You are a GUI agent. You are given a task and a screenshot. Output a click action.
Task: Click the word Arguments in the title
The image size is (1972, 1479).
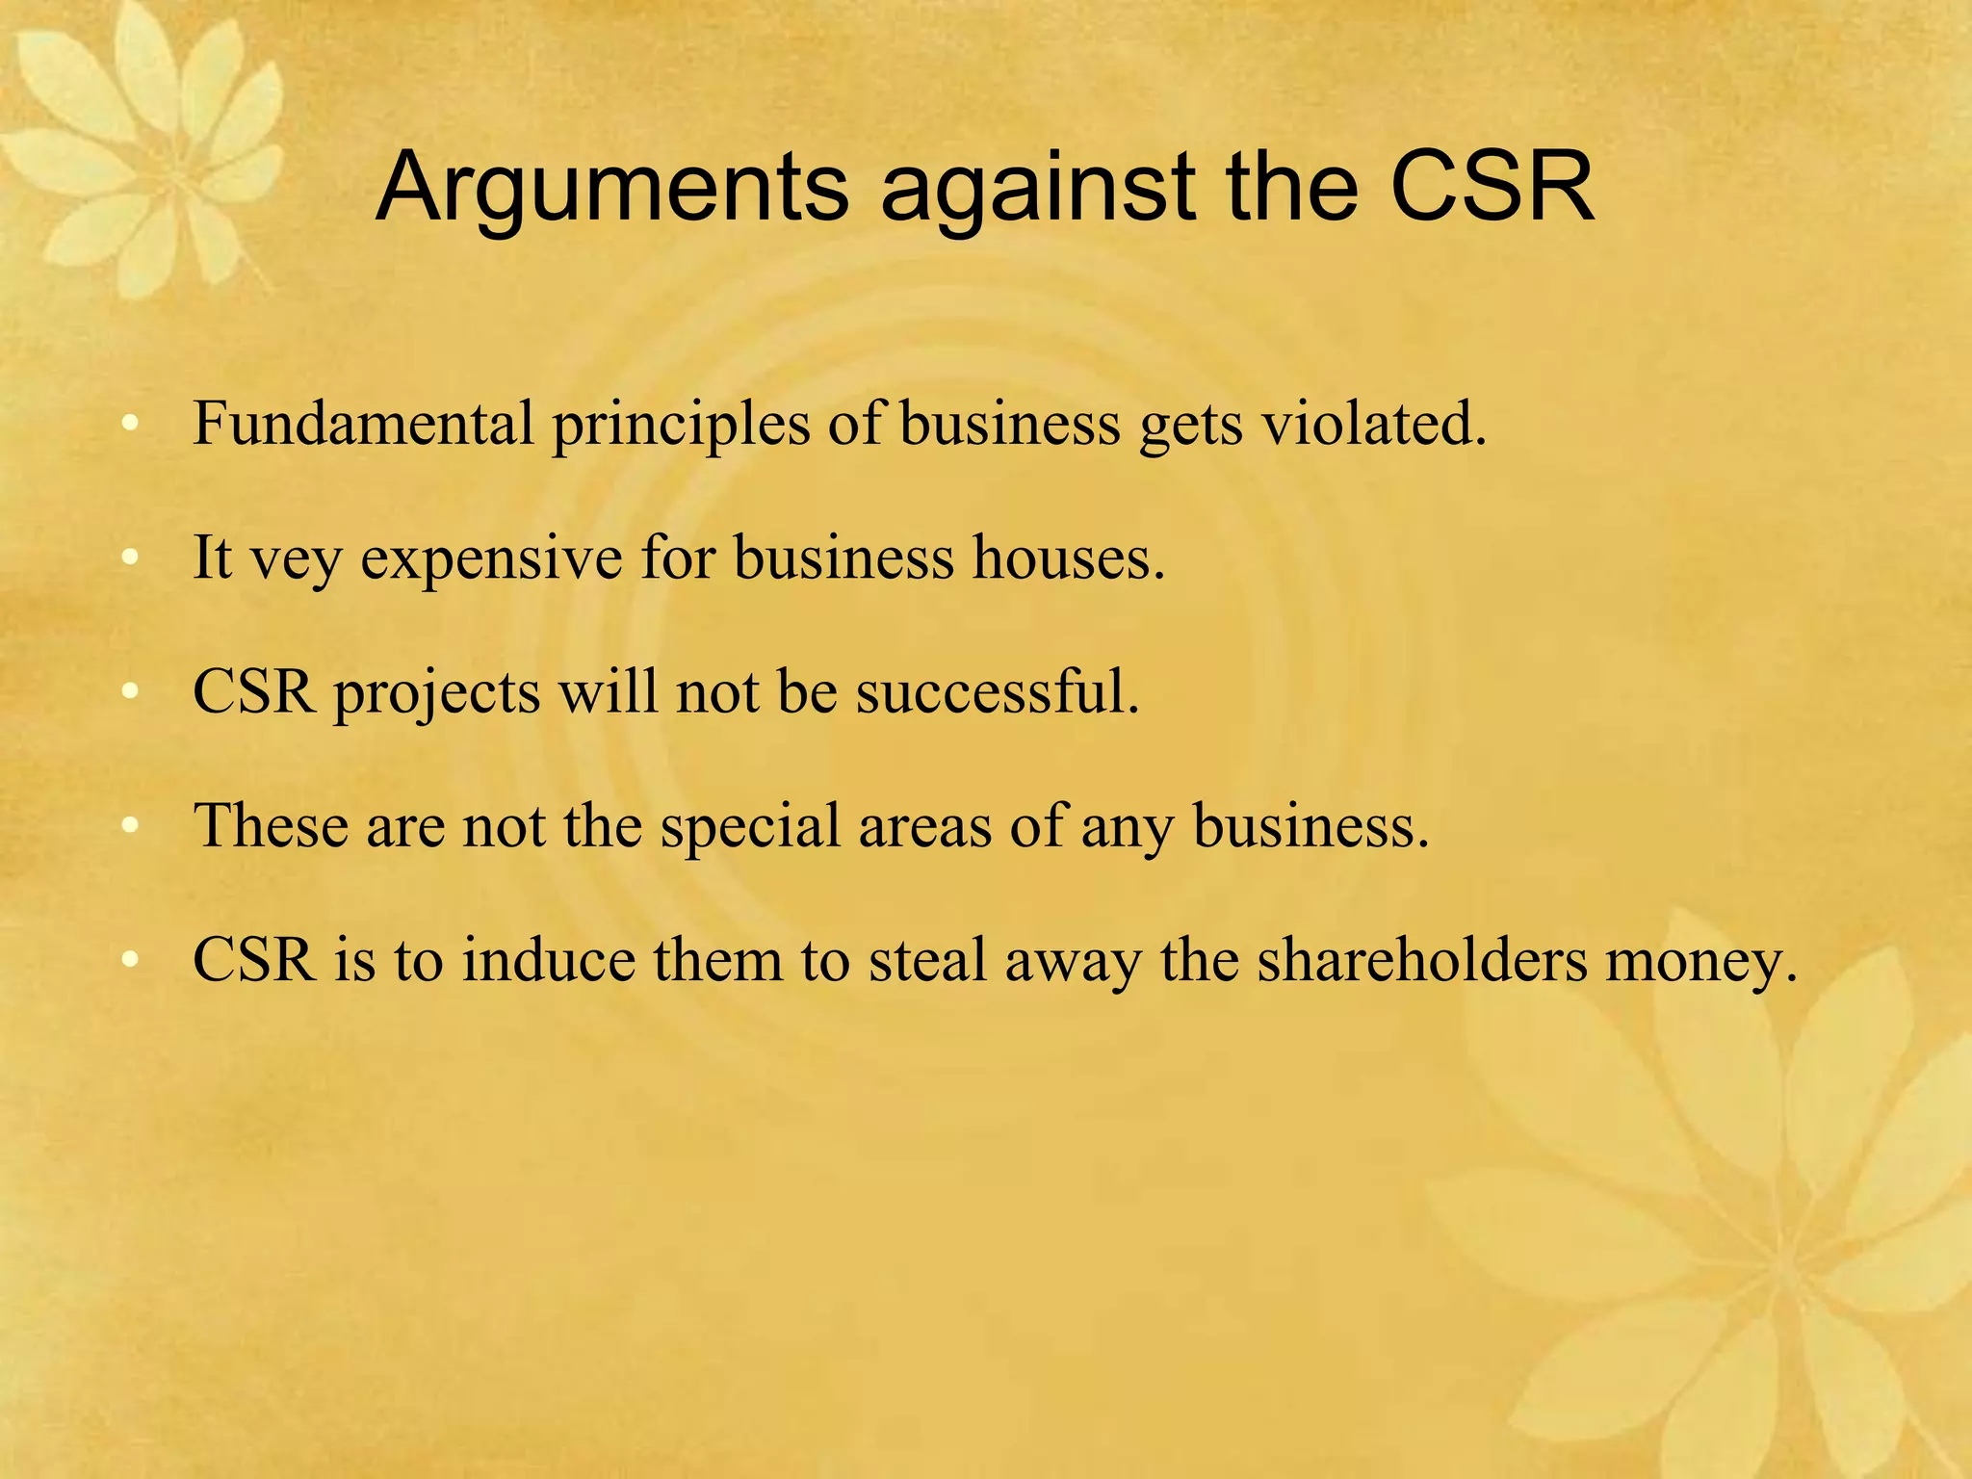[x=612, y=188]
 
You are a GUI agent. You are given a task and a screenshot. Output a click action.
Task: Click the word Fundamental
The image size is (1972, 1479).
[x=363, y=423]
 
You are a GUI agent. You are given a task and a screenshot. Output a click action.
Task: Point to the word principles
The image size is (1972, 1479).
[x=681, y=425]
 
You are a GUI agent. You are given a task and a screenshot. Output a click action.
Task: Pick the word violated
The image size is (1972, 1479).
[x=1374, y=423]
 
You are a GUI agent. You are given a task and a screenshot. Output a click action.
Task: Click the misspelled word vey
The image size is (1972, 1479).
[x=296, y=558]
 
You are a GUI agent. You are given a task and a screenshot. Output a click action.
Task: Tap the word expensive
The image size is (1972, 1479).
[x=491, y=558]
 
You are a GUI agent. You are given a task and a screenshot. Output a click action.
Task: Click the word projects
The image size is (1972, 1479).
[x=436, y=692]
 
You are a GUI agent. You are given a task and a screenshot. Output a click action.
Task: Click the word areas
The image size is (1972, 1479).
[x=924, y=826]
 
